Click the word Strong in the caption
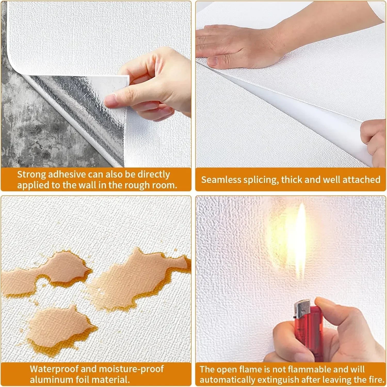(31, 175)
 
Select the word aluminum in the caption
(52, 380)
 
